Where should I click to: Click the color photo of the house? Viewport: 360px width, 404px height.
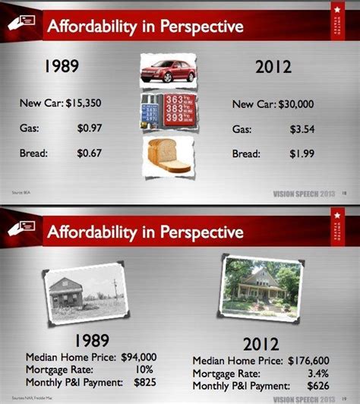click(254, 285)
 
